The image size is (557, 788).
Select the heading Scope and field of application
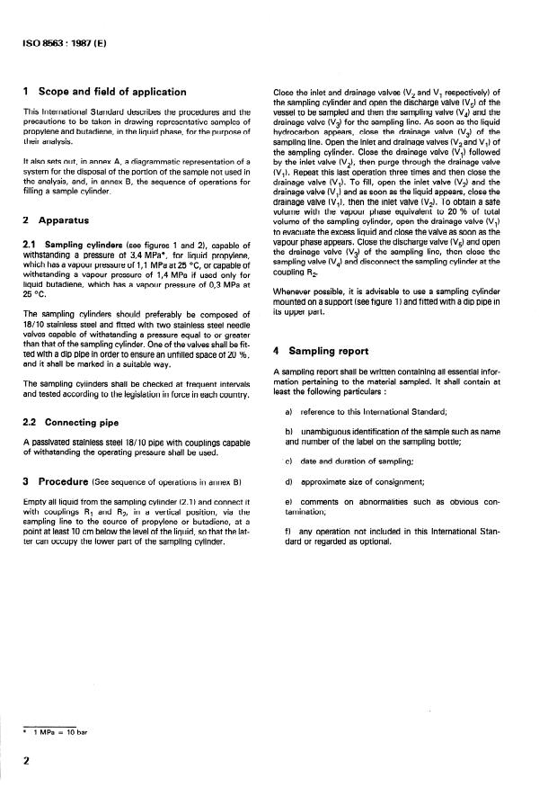[111, 92]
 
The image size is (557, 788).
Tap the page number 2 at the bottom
[27, 760]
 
